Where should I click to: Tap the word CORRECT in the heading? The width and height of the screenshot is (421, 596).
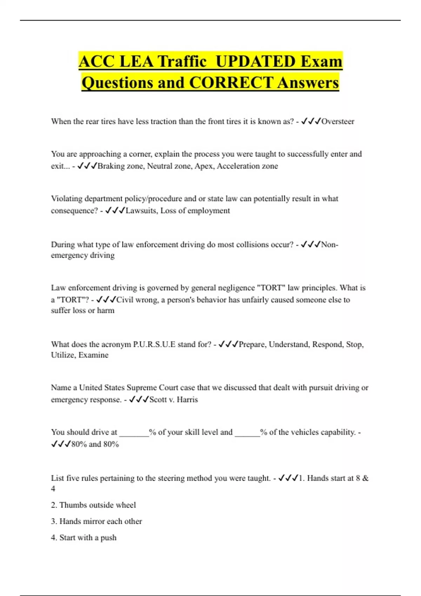coord(230,83)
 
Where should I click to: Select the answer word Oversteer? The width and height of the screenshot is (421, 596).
coord(338,122)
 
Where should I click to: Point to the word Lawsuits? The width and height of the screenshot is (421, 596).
coord(141,211)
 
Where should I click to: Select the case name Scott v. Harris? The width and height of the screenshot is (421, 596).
coord(174,400)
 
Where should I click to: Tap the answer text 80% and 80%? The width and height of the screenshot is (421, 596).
coord(95,445)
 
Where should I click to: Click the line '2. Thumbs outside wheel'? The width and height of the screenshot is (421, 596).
coord(93,505)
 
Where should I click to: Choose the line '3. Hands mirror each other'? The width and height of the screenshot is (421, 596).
coord(96,521)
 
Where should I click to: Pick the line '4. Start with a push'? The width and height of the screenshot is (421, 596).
coord(83,538)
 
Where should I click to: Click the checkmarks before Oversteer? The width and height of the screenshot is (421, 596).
coord(311,122)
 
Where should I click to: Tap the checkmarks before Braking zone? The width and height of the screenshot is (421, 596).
coord(87,166)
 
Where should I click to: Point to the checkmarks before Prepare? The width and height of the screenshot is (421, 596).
coord(228,345)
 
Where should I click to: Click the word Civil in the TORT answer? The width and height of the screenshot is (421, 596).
coord(125,300)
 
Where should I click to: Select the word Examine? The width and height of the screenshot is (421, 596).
coord(93,355)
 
